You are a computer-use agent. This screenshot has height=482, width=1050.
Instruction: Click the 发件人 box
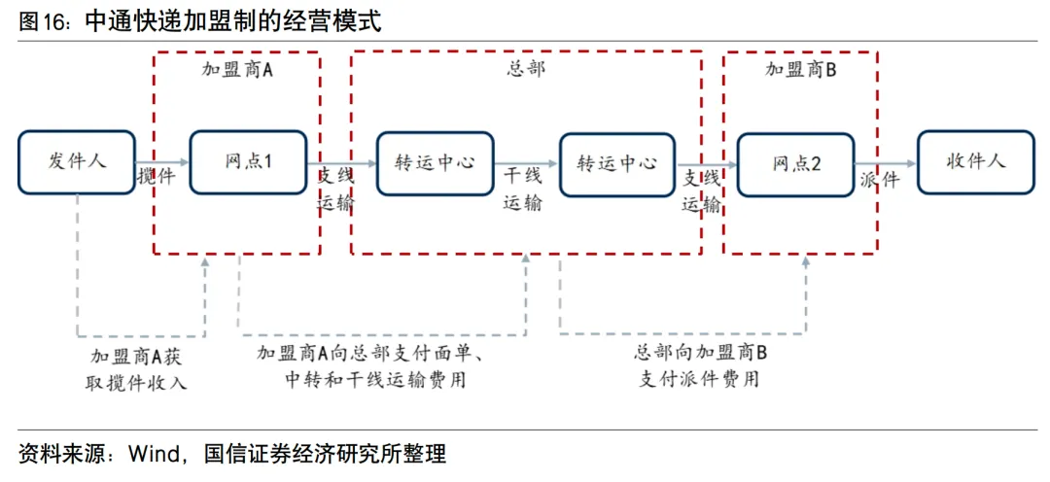click(x=77, y=162)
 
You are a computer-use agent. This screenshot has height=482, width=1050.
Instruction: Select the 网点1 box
click(x=248, y=162)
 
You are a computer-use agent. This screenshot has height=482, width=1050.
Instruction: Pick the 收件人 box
click(x=975, y=162)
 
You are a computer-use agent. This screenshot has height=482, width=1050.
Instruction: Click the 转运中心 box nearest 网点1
click(x=435, y=162)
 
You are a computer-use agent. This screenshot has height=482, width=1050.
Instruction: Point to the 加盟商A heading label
click(x=236, y=70)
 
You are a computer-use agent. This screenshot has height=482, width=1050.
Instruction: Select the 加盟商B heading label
click(x=801, y=70)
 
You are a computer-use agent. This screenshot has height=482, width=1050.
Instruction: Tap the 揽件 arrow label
click(x=156, y=178)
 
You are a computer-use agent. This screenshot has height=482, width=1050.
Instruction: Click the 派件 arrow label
click(x=880, y=180)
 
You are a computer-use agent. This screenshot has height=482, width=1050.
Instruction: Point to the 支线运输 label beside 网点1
click(x=335, y=190)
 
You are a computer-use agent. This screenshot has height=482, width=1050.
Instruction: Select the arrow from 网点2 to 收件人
click(x=886, y=163)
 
